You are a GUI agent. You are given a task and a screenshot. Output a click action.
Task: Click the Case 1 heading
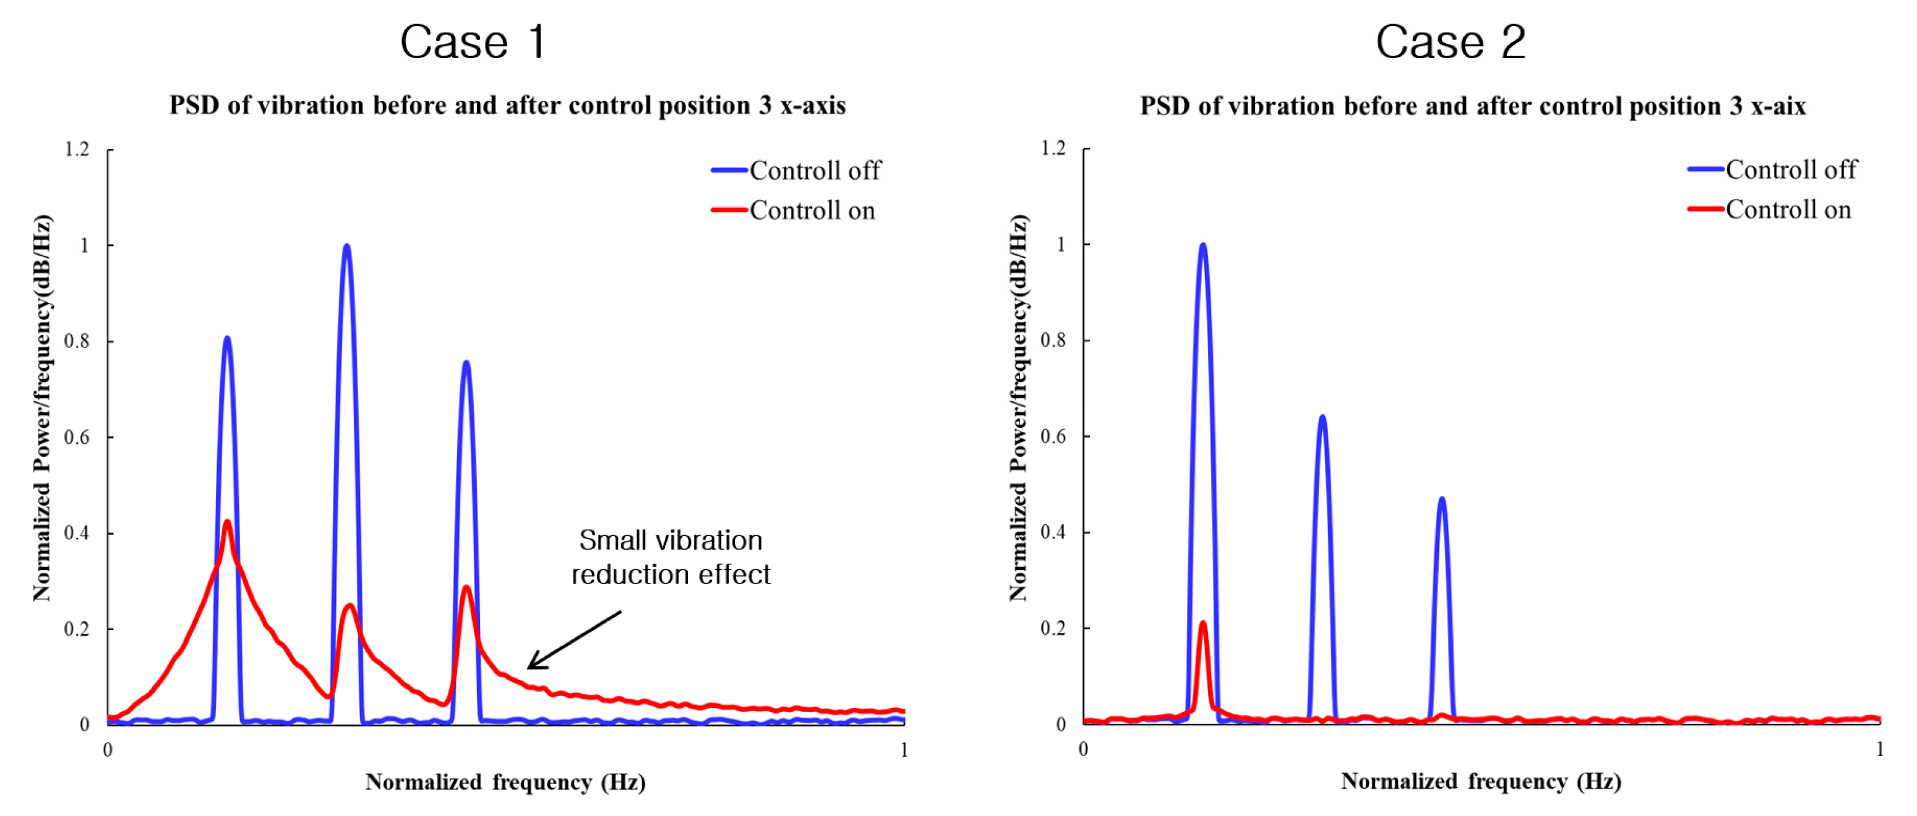tap(473, 43)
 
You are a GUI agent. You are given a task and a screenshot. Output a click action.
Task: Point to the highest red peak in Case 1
tap(227, 522)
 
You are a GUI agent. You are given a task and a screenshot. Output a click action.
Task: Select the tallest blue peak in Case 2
tap(1203, 245)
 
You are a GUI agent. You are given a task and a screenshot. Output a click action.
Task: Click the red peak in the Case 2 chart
tap(1203, 623)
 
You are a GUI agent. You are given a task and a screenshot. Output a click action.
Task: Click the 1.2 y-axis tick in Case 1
tap(77, 150)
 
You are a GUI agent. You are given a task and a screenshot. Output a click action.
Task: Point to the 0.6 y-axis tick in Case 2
tap(1053, 436)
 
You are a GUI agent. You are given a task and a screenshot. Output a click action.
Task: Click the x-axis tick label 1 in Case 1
tap(903, 750)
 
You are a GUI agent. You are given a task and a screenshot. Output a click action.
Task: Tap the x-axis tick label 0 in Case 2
tap(1084, 749)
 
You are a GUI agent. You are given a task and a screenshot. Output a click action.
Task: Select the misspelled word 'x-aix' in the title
tap(1778, 106)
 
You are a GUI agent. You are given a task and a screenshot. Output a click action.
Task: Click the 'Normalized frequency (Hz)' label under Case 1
tap(505, 782)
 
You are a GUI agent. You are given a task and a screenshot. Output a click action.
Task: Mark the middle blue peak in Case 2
tap(1322, 418)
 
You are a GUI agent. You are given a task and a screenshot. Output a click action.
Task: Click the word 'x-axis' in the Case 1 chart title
tap(813, 106)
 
